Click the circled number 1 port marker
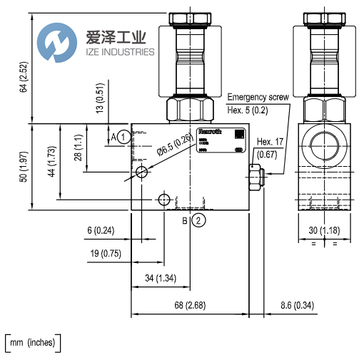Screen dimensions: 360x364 point(124,135)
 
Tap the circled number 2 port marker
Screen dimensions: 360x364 point(198,221)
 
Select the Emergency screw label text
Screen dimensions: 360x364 point(257,97)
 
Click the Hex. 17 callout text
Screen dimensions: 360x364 point(270,142)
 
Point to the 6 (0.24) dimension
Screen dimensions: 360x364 point(103,230)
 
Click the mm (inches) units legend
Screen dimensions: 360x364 point(33,344)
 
